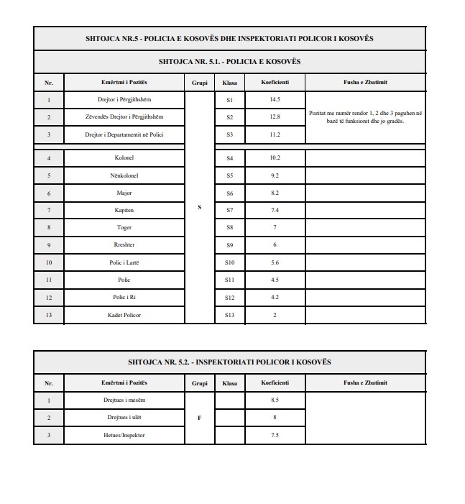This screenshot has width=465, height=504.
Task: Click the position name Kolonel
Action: click(124, 158)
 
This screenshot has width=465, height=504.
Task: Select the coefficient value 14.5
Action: click(275, 99)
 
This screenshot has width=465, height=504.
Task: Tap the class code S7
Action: click(230, 210)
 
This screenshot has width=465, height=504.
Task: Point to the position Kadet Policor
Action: click(124, 315)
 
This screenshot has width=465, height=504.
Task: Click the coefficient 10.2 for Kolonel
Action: click(275, 158)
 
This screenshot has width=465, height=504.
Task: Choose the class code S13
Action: click(230, 315)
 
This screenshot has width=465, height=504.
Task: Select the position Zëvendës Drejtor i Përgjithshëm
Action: click(124, 116)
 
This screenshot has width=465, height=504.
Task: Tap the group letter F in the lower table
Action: click(199, 417)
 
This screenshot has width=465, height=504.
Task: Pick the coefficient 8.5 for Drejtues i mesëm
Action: click(275, 400)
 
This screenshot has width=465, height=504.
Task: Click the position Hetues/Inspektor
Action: click(124, 435)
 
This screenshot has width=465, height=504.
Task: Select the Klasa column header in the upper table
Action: click(230, 83)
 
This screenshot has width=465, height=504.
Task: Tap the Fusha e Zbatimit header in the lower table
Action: click(365, 382)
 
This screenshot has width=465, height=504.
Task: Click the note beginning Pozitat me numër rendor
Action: click(366, 116)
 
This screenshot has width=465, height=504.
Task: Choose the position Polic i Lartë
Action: click(124, 262)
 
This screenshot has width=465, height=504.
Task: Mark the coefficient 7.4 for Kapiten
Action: click(275, 210)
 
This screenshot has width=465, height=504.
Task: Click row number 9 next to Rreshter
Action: click(49, 245)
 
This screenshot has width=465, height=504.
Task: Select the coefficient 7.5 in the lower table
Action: click(275, 435)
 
